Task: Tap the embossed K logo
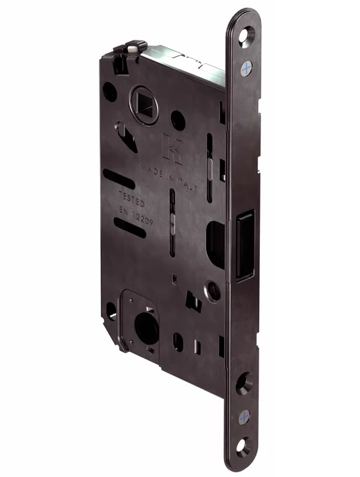coord(172,148)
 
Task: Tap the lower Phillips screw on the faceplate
coord(245,417)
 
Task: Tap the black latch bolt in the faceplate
coord(244,242)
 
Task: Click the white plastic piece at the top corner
coord(136,48)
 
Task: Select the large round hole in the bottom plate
coord(147,327)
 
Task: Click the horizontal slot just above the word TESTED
coord(119,179)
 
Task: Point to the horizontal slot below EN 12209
coord(130,229)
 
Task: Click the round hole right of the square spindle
coord(178,120)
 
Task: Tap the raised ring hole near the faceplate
coord(213,291)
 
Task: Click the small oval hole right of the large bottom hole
coord(178,341)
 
